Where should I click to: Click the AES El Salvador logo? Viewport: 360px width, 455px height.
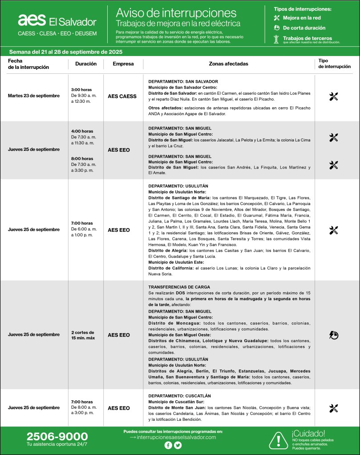[57, 20]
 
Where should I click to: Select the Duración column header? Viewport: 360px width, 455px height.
[86, 64]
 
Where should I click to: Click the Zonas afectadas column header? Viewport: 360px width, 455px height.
[228, 64]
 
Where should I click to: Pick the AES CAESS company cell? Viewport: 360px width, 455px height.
[122, 96]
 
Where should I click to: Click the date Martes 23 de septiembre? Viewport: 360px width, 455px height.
[34, 96]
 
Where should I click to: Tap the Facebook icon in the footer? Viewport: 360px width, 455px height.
[168, 446]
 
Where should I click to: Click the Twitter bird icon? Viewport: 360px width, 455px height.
[178, 446]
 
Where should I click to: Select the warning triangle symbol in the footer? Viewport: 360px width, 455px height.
[279, 440]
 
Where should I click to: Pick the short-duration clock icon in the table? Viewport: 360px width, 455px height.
[334, 335]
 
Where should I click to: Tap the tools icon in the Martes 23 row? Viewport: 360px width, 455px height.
[334, 97]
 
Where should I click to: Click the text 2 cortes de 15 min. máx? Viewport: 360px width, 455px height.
[83, 335]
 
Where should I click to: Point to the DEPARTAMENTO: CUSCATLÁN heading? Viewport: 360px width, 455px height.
[179, 395]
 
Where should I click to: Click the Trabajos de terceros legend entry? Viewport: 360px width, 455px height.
[307, 38]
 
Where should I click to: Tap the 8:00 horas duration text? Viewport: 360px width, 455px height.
[82, 158]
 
